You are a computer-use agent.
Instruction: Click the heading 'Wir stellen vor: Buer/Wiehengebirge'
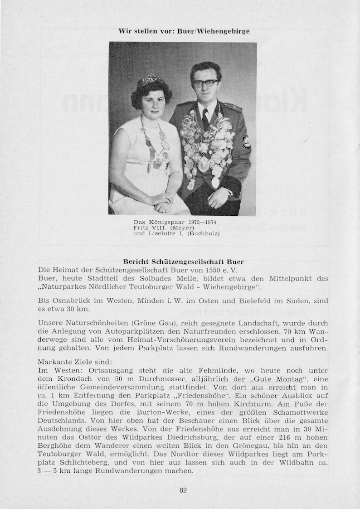tap(184, 31)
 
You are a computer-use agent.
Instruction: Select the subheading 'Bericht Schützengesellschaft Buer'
tap(183, 262)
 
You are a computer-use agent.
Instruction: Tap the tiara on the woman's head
tap(150, 81)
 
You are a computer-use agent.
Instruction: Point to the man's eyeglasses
tap(205, 83)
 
